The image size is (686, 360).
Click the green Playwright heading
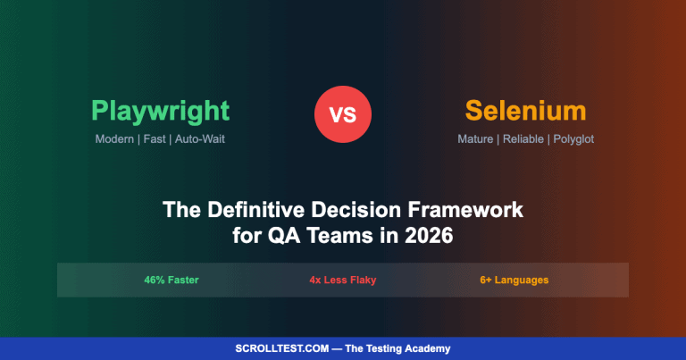[160, 112]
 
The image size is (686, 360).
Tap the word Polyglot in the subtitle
[572, 139]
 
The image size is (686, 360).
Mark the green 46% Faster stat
[171, 280]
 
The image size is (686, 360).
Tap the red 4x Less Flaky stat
[343, 280]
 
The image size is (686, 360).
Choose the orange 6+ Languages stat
[514, 280]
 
